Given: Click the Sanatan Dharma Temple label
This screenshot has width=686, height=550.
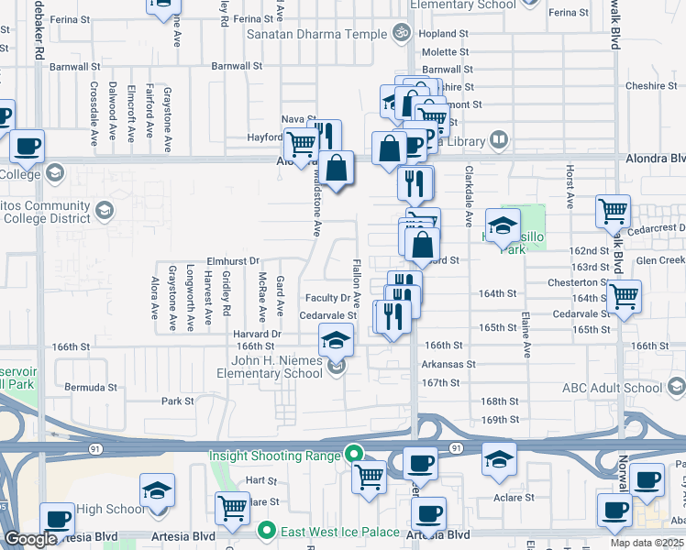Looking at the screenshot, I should (317, 34).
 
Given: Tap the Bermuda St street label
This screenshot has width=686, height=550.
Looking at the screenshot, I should (91, 388).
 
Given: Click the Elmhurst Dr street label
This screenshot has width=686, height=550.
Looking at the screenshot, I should (234, 260).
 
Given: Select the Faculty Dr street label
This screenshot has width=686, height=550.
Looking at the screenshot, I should (328, 298).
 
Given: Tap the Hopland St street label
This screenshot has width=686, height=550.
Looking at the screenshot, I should (444, 34).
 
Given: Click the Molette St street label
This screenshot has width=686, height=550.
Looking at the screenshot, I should (445, 52).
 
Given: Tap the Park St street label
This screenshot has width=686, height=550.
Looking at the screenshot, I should (178, 401).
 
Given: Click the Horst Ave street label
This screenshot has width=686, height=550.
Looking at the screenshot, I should (570, 186).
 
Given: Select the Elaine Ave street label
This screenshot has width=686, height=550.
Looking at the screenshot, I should (526, 335).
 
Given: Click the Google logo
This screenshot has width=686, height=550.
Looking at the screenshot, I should (30, 539).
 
